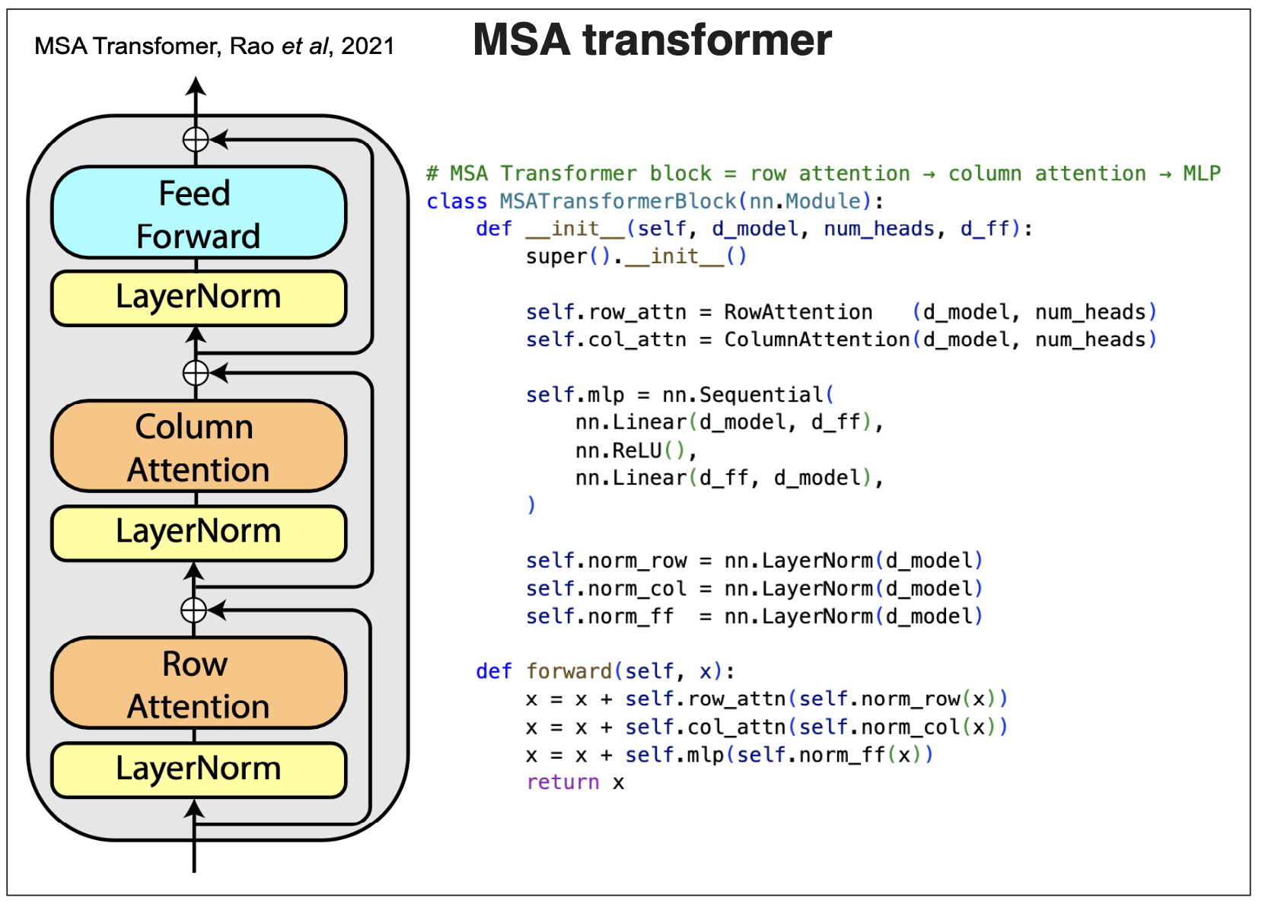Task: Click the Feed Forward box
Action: (x=198, y=213)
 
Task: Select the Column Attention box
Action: (x=198, y=447)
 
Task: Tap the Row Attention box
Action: (x=198, y=683)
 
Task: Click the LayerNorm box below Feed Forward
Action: (x=198, y=298)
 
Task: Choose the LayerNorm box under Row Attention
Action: (x=198, y=769)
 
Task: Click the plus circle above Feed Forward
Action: (x=196, y=140)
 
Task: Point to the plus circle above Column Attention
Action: (x=196, y=373)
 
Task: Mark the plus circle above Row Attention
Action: (x=194, y=610)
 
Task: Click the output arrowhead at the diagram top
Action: (x=196, y=85)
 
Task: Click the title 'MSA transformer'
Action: (x=652, y=40)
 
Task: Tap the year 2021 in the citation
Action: (x=368, y=46)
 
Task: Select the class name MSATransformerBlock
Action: (x=618, y=202)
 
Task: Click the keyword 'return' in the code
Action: (x=562, y=782)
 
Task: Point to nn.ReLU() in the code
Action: (x=631, y=450)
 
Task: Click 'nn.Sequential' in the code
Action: (x=743, y=395)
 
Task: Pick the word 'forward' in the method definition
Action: (x=569, y=671)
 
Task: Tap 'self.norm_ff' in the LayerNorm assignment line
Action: (x=600, y=616)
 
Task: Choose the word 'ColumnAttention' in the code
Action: (x=817, y=339)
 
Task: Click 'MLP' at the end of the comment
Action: (x=1201, y=173)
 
